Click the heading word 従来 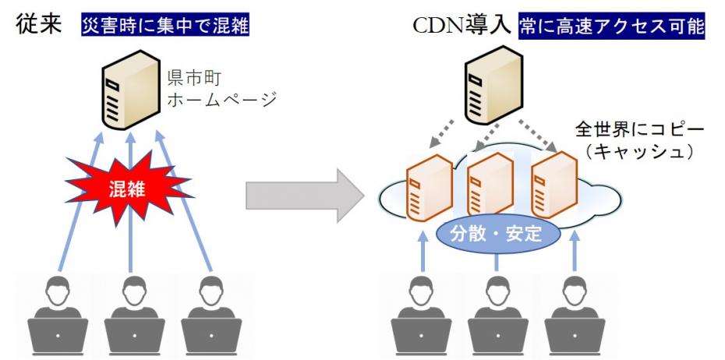pos(40,25)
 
